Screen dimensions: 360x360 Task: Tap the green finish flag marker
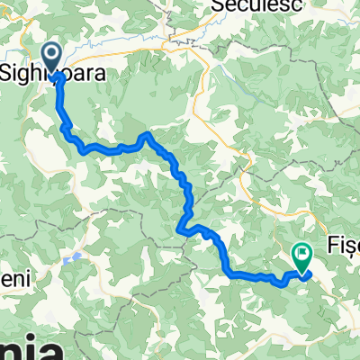[x=301, y=257]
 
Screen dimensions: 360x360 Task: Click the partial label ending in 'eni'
[x=14, y=280]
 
